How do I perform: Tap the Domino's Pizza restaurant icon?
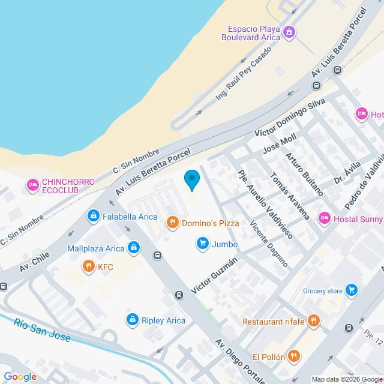point(172,223)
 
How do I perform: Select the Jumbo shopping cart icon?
point(202,244)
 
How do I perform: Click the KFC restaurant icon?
point(89,266)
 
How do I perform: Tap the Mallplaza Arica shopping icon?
point(134,248)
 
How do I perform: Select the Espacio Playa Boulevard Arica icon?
point(290,32)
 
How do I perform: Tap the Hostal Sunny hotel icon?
point(324,218)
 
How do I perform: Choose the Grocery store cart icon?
point(352,291)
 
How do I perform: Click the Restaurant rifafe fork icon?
point(313,321)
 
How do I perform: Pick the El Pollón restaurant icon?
point(293,355)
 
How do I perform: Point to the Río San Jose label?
point(42,330)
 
